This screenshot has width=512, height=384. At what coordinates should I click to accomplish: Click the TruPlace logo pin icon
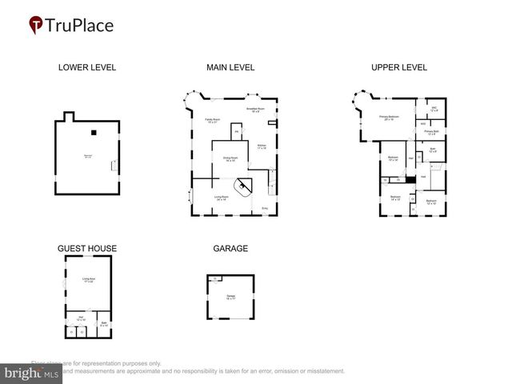click(x=36, y=26)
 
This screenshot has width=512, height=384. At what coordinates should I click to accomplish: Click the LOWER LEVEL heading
click(x=87, y=67)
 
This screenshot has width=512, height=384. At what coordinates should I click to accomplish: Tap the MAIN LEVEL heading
click(x=231, y=67)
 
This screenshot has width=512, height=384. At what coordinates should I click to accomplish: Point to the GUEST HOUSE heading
click(x=86, y=249)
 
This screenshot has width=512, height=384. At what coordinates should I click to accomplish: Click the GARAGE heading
click(x=230, y=249)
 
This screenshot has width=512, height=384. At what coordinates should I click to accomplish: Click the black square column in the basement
click(x=94, y=133)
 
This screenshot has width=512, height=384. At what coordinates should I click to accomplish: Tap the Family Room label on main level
click(x=213, y=121)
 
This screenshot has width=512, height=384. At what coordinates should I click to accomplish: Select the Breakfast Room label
click(x=256, y=110)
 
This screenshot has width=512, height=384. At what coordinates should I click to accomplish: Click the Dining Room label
click(x=229, y=159)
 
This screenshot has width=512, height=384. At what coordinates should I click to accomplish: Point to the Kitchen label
click(x=262, y=147)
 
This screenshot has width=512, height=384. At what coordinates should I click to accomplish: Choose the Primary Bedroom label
click(x=390, y=118)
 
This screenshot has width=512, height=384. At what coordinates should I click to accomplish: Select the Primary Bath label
click(x=430, y=132)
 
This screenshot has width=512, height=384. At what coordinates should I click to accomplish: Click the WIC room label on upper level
click(x=434, y=109)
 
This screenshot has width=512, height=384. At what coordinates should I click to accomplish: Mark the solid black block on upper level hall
click(x=410, y=179)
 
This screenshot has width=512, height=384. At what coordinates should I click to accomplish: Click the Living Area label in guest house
click(x=88, y=279)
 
